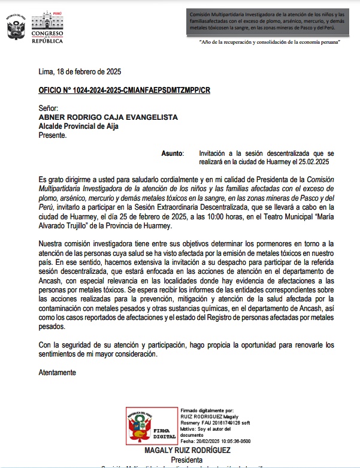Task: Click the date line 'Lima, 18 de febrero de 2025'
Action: [x=80, y=71]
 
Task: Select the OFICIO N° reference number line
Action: [x=124, y=90]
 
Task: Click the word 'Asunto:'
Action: [x=173, y=153]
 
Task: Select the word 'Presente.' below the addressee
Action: [x=53, y=135]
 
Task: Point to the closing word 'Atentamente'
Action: [x=58, y=372]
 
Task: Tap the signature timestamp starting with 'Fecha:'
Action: [x=215, y=440]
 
